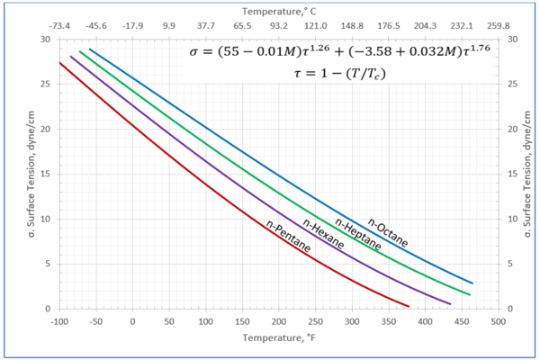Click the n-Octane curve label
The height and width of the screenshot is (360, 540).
(x=388, y=231)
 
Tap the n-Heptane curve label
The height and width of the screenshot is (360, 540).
(x=357, y=234)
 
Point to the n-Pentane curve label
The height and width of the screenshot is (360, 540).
(x=288, y=236)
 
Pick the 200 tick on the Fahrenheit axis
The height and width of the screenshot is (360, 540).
(x=279, y=320)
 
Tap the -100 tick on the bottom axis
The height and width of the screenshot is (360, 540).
(x=60, y=320)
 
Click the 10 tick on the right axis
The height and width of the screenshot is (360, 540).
(x=512, y=220)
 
